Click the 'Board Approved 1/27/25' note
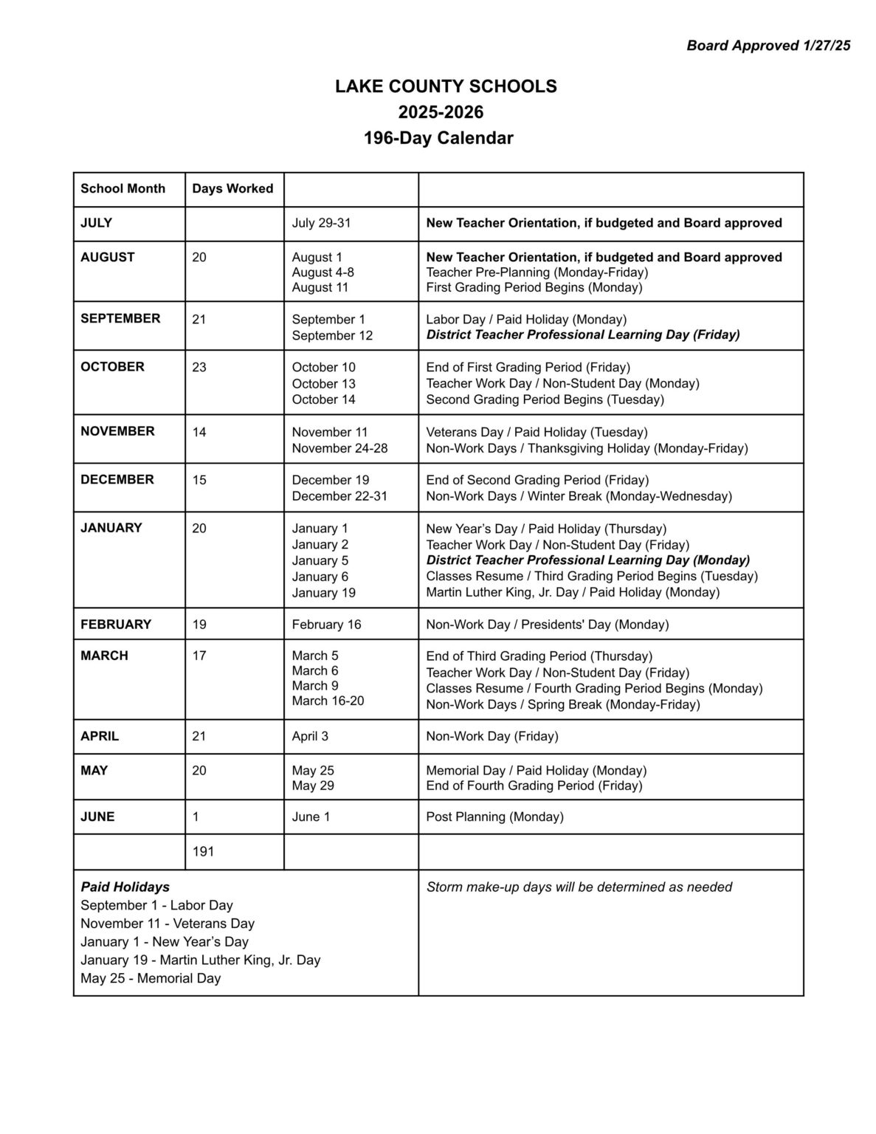(768, 46)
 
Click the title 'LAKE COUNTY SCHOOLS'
(446, 86)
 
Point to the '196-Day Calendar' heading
(438, 138)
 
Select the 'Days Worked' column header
(232, 188)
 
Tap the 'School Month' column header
(123, 188)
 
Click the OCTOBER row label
(112, 367)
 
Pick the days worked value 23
(199, 367)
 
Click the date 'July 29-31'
(316, 223)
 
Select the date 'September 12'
(332, 335)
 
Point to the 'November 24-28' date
(339, 448)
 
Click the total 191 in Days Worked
(203, 851)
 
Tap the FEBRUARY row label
(116, 624)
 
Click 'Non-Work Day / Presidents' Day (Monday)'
(547, 625)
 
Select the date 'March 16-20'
(328, 701)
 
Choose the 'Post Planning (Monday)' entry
(494, 817)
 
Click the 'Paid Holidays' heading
(125, 887)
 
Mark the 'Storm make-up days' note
(579, 887)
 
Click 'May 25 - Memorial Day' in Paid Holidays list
(151, 978)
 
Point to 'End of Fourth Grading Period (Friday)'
(534, 786)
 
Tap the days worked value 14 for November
(199, 432)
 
